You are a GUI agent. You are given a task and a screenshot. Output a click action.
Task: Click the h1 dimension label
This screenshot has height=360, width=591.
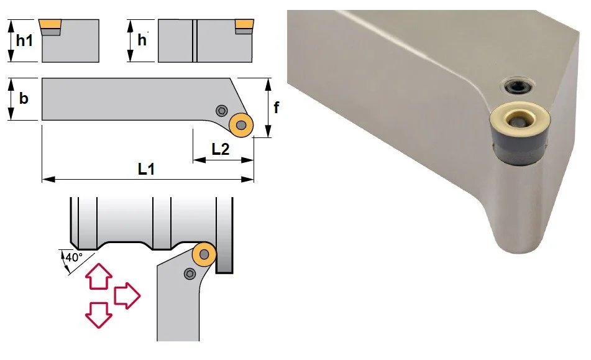coord(24,40)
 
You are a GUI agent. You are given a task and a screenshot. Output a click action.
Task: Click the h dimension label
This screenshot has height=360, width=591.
coord(142,40)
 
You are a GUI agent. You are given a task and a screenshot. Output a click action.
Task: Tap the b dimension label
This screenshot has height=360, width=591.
coord(24,98)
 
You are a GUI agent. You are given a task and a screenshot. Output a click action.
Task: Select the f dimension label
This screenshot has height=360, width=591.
coord(277,108)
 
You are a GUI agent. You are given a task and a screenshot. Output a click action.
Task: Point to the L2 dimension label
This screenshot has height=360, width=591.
coord(221,149)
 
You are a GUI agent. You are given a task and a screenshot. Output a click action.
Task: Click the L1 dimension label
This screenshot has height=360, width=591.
coord(146,169)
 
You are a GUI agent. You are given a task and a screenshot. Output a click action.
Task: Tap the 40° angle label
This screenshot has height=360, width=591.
coord(74,257)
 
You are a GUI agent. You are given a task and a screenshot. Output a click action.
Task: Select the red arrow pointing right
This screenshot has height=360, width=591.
coord(127,296)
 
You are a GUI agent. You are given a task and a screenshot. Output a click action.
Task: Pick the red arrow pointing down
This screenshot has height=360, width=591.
coord(99,315)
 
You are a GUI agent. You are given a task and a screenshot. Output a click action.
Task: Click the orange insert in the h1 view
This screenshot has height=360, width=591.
coord(50,24)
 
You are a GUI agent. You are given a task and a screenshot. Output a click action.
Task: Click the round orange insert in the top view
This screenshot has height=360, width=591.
coord(241,125)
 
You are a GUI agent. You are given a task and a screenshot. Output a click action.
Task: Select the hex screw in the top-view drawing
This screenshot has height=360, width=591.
coord(222,111)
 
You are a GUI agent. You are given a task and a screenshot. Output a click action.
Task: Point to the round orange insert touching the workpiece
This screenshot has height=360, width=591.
coord(204,254)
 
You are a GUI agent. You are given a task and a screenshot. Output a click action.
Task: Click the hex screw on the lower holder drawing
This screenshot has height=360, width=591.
coord(190,274)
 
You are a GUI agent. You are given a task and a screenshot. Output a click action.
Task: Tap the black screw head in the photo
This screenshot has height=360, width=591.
coord(519,87)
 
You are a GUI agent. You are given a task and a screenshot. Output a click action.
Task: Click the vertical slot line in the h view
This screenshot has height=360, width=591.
coord(195,40)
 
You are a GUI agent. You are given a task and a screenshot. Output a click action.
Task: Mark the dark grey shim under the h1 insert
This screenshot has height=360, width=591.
coord(50,32)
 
